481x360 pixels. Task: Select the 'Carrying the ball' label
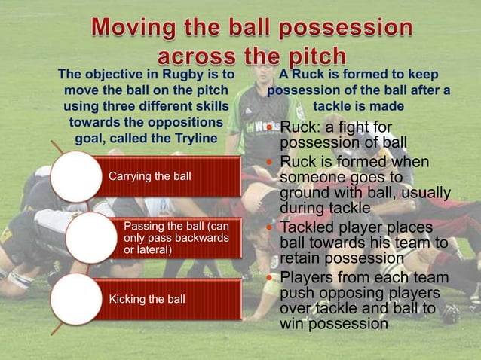[150, 177]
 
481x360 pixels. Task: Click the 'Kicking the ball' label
[147, 299]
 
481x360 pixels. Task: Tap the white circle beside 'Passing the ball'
[90, 238]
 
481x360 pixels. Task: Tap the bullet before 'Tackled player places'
[273, 227]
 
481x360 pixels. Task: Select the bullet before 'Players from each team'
[273, 279]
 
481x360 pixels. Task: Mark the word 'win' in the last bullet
[292, 325]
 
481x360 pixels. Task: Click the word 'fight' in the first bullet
[365, 125]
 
